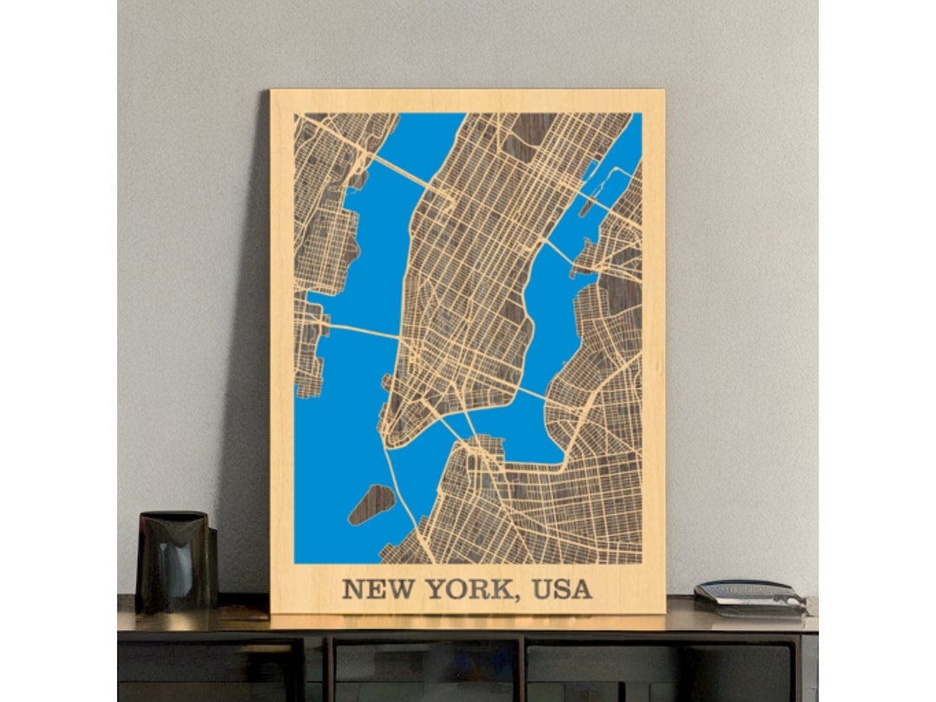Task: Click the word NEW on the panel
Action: pos(370,588)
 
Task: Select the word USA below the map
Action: pos(562,588)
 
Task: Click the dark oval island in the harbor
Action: pos(371,504)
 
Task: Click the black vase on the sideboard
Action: pos(175,562)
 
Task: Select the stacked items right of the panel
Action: pos(750,596)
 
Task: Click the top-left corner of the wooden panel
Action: pos(272,91)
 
